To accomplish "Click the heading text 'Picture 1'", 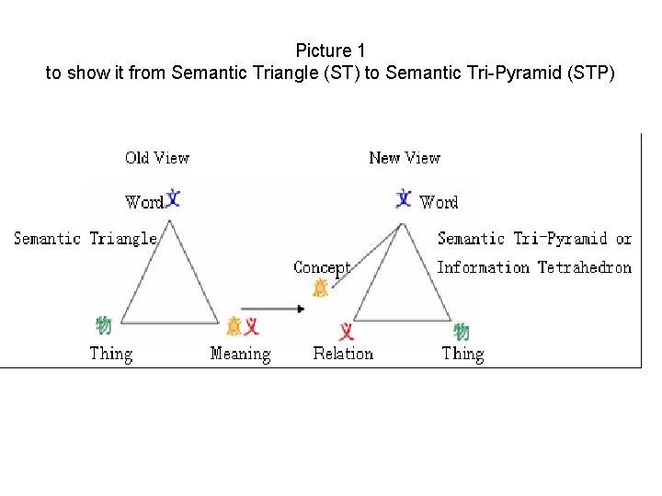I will (330, 51).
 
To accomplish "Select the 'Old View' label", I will (157, 158).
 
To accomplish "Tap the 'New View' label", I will (405, 158).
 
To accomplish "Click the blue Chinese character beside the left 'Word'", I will (172, 198).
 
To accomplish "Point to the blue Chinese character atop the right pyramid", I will (404, 197).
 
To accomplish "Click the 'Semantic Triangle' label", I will (86, 239).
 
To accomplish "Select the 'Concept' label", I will (322, 268).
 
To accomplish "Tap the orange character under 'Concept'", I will (320, 287).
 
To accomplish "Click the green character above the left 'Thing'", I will (104, 325).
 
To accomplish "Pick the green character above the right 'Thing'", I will (462, 332).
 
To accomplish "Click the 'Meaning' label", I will (240, 354).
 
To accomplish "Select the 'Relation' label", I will (343, 354).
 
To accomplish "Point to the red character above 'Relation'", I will (347, 331).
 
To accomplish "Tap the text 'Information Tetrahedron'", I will (534, 267).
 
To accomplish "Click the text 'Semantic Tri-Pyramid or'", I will (534, 239).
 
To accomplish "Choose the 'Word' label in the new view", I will (439, 202).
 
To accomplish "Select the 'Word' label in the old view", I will (143, 202).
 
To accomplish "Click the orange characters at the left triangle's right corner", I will (243, 325).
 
